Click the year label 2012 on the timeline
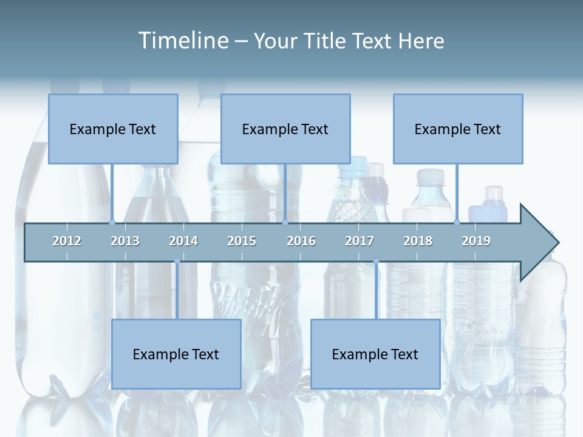[x=67, y=242]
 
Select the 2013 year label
[x=125, y=242]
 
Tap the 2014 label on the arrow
[x=183, y=242]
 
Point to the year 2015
[x=242, y=242]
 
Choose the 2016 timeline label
[x=301, y=242]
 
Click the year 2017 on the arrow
[x=360, y=242]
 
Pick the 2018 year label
[x=418, y=242]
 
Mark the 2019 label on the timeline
[x=476, y=242]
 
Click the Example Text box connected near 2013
[x=113, y=129]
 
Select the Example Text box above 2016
[x=285, y=129]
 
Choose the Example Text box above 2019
[x=458, y=129]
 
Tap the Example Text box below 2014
[x=176, y=354]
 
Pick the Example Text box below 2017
[x=375, y=354]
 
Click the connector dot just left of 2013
[x=112, y=222]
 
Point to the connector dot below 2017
[x=376, y=262]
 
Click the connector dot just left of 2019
[x=457, y=222]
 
